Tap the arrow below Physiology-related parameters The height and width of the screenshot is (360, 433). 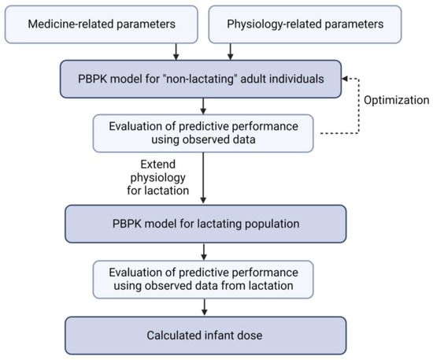tap(230, 51)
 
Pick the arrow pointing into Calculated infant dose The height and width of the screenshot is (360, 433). tap(203, 310)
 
